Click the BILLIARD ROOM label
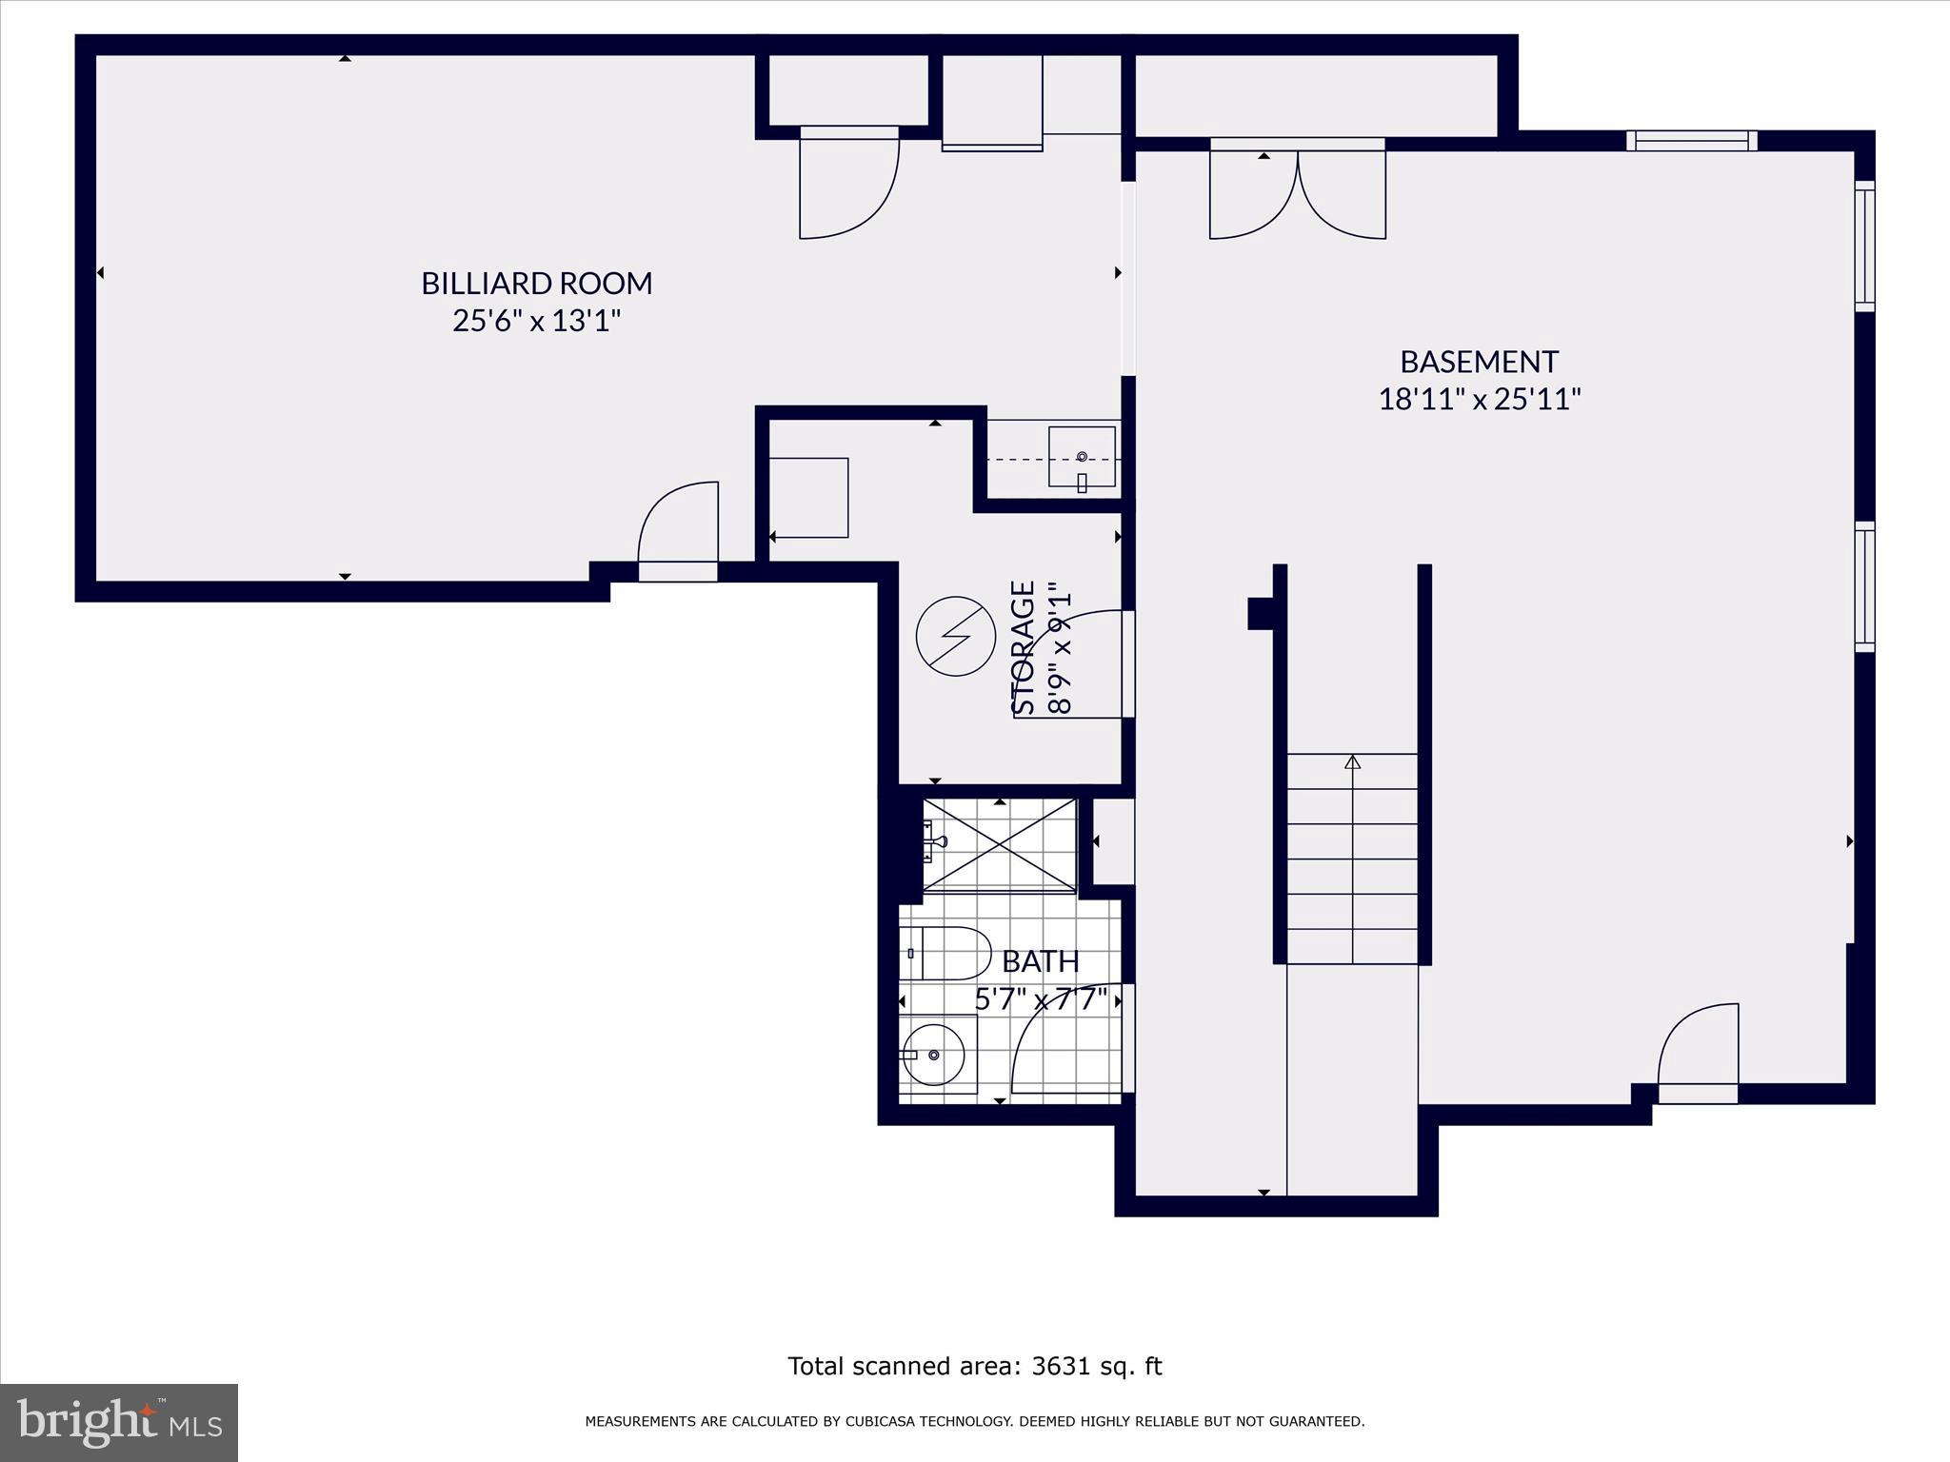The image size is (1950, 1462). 537,284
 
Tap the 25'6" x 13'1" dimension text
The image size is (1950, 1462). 537,321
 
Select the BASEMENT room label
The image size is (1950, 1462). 1479,362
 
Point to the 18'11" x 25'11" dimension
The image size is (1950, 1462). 1479,399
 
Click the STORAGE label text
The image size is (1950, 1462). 1024,647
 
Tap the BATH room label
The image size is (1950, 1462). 1041,961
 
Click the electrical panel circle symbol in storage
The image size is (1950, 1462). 955,637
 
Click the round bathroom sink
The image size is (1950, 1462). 934,1055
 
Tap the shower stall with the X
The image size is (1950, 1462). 999,846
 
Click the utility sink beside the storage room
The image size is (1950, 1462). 1082,457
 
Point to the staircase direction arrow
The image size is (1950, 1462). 1352,762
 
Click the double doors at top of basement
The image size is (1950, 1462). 1297,195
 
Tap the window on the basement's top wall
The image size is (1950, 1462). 1691,141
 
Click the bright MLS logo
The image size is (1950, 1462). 118,1423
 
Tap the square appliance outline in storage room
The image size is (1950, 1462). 808,497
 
